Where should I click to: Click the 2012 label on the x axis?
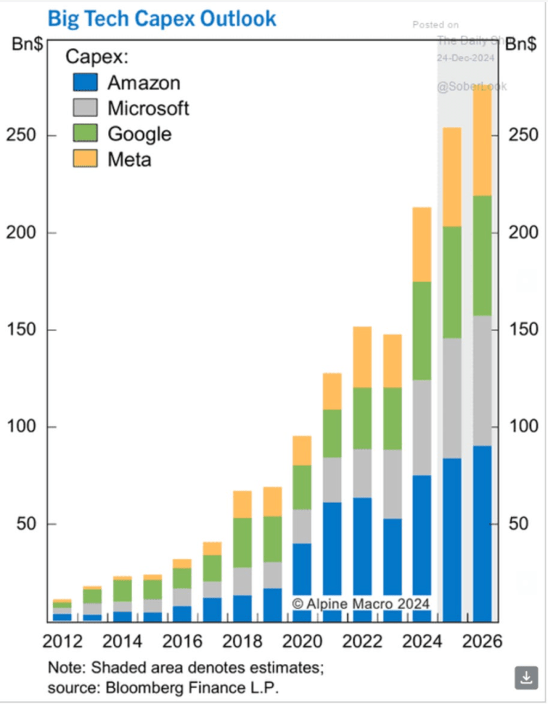(x=63, y=641)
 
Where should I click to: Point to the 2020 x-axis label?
(x=303, y=641)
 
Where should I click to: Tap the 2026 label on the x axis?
(x=481, y=641)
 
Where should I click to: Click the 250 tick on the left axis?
(x=23, y=136)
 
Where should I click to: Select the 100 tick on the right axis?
(x=523, y=427)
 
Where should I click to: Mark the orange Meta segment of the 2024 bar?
(x=421, y=244)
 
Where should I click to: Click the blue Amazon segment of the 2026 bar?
(x=481, y=533)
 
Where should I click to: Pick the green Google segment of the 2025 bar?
(x=452, y=282)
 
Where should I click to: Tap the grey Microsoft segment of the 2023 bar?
(x=392, y=484)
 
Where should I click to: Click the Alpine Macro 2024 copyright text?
(x=360, y=604)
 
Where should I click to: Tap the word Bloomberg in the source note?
(x=133, y=686)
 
